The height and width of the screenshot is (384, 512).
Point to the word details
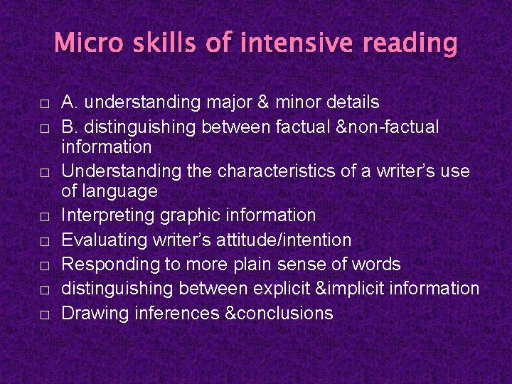coord(348,102)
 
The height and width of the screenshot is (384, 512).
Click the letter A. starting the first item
coord(70,102)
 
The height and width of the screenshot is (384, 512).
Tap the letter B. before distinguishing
coord(70,127)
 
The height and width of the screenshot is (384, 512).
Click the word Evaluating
coord(104,240)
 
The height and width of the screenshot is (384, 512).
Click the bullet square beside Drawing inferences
coord(44,314)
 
